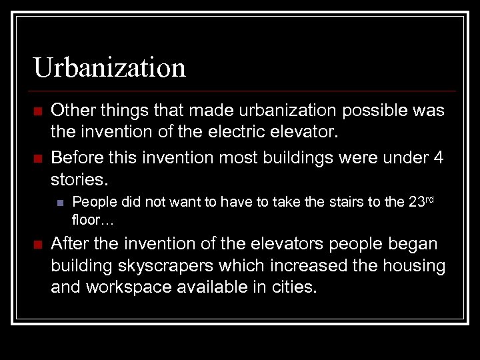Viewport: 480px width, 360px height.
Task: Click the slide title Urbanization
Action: [x=109, y=67]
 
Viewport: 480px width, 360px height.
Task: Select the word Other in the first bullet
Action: [x=71, y=110]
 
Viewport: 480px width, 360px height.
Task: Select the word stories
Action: [x=78, y=181]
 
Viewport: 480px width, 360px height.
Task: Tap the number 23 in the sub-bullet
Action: [x=415, y=203]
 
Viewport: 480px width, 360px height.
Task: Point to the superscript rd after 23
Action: [x=431, y=199]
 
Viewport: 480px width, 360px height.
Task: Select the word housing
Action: [x=412, y=267]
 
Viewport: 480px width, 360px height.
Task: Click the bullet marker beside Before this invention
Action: [x=37, y=158]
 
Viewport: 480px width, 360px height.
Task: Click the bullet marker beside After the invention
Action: [x=37, y=244]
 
